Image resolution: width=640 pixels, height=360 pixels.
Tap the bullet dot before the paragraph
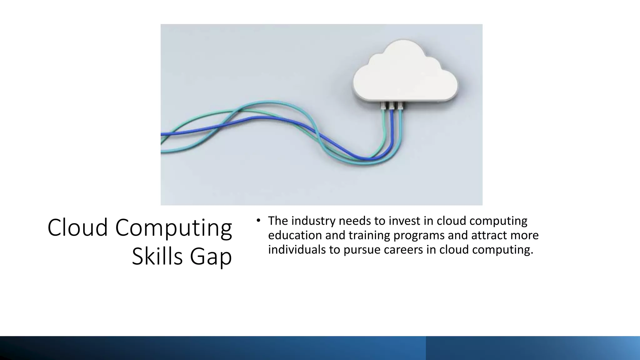pyautogui.click(x=258, y=221)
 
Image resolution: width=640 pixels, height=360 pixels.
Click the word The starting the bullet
pyautogui.click(x=278, y=221)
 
